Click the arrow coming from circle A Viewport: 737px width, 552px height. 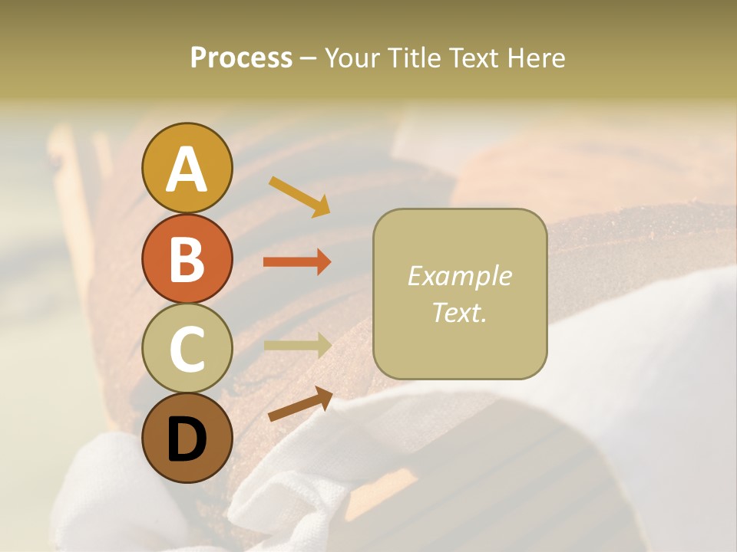[299, 196]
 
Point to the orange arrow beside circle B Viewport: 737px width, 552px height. [297, 262]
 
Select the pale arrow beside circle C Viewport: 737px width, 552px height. [297, 345]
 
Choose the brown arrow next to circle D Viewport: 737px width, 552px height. [300, 404]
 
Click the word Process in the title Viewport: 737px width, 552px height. [241, 58]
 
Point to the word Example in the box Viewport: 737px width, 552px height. [460, 276]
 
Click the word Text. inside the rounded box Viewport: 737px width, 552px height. [460, 312]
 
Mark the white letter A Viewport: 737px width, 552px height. [187, 169]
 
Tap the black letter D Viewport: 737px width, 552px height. [187, 441]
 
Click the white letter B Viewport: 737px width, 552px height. [187, 259]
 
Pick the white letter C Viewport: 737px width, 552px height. [187, 349]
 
